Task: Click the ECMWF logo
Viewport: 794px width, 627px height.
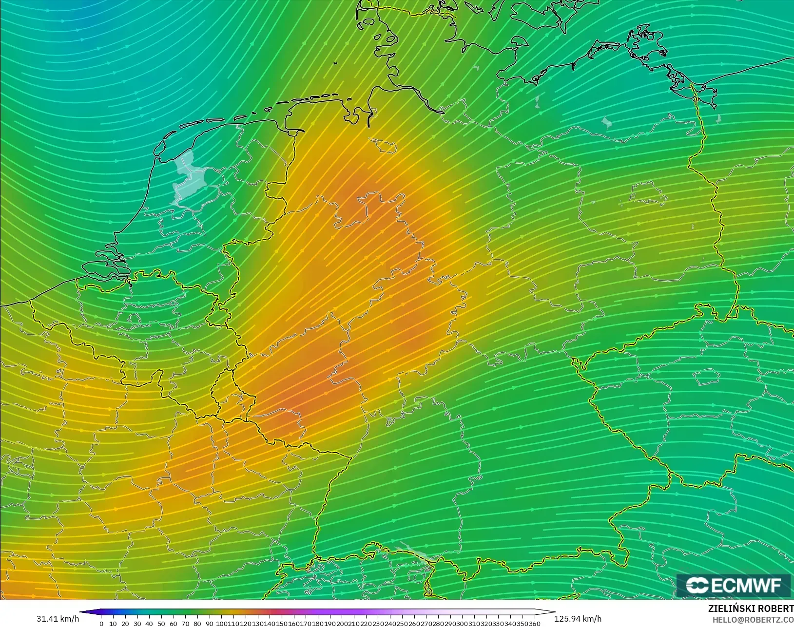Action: [x=733, y=585]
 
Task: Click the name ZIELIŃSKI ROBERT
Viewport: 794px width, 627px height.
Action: [x=751, y=609]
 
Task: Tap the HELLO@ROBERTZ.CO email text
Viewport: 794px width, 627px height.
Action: [x=753, y=620]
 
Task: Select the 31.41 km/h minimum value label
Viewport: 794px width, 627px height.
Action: [x=58, y=619]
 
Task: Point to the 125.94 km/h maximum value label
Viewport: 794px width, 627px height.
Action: [x=578, y=619]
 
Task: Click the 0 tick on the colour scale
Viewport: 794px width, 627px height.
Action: [x=101, y=624]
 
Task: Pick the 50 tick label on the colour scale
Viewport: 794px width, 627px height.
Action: [x=161, y=624]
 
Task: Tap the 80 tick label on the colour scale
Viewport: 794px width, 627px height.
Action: [x=197, y=624]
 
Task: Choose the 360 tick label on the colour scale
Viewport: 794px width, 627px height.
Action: [x=534, y=624]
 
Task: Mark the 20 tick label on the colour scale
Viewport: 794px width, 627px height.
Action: [x=125, y=624]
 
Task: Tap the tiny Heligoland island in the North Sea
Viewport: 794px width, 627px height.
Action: [x=335, y=63]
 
